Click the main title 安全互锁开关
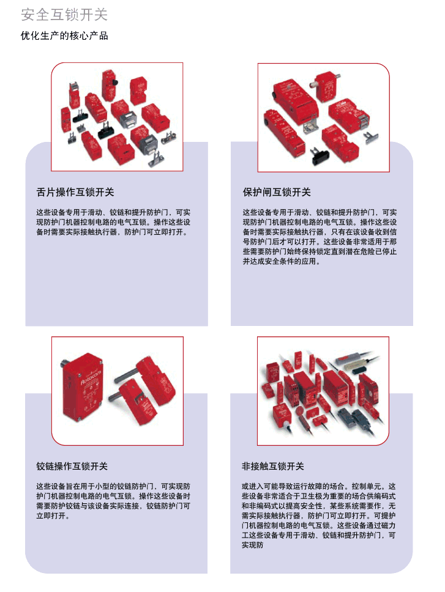click(x=64, y=15)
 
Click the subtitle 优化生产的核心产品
click(x=64, y=36)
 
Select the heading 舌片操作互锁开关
click(x=75, y=192)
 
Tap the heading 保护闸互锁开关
click(x=277, y=192)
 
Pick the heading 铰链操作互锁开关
click(x=72, y=466)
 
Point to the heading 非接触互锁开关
click(x=273, y=466)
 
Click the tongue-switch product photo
click(x=117, y=117)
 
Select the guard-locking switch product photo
click(x=323, y=117)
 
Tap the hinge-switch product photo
click(x=118, y=391)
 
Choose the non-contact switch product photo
click(x=323, y=391)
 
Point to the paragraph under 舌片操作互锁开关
click(x=113, y=222)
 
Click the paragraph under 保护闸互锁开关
click(x=320, y=237)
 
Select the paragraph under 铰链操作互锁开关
click(x=113, y=501)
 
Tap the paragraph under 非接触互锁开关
click(x=319, y=516)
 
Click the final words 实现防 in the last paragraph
click(x=253, y=545)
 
